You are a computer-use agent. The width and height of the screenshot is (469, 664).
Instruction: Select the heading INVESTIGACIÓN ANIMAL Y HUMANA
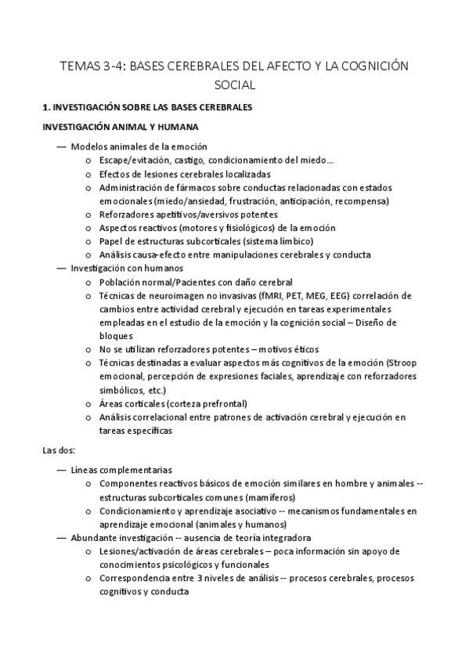tap(120, 126)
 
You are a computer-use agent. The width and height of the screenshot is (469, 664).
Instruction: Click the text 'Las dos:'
tap(57, 450)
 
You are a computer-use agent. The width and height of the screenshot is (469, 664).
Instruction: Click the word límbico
tap(294, 241)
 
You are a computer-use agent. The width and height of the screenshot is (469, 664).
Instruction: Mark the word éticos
tap(303, 349)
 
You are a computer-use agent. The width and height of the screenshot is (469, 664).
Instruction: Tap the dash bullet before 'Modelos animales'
tap(62, 146)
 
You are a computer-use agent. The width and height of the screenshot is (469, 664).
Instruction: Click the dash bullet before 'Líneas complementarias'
tap(62, 470)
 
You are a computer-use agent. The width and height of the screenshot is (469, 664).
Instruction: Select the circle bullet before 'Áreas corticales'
tap(91, 404)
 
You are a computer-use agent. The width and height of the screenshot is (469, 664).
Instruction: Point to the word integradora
tap(285, 539)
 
